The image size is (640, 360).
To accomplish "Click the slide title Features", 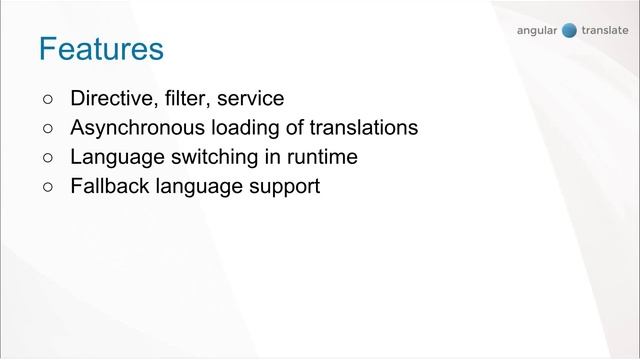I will (x=101, y=49).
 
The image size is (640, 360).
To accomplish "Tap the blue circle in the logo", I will (x=570, y=30).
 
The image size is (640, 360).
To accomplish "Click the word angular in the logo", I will (x=538, y=31).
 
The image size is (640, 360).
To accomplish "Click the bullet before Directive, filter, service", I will (x=48, y=99).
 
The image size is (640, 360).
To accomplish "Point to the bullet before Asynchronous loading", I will (x=48, y=129).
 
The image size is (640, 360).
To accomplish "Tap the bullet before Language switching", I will (x=48, y=158).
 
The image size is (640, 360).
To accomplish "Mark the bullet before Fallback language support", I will (x=48, y=187).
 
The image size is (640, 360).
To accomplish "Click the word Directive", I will (x=110, y=99).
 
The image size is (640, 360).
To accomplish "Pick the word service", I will (x=249, y=99).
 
